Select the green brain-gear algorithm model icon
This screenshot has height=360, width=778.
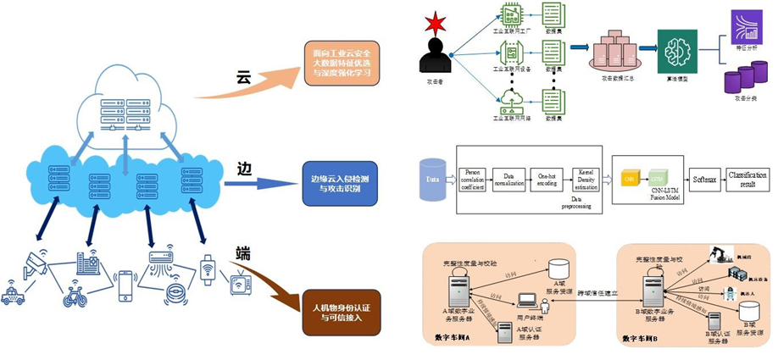tap(676, 49)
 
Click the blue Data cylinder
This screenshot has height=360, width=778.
tap(434, 180)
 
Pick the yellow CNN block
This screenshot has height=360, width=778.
tap(629, 180)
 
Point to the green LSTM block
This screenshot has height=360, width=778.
tap(657, 179)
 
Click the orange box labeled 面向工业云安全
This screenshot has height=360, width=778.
tap(342, 63)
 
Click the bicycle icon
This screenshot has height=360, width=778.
tap(75, 296)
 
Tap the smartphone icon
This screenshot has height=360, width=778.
tap(125, 285)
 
